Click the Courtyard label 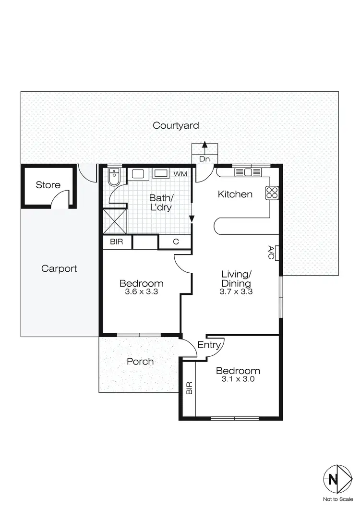(176, 126)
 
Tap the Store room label (48, 185)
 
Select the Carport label (59, 268)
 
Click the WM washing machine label (180, 173)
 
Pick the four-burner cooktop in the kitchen (272, 193)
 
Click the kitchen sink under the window (248, 172)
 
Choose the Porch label (140, 362)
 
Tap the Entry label (209, 345)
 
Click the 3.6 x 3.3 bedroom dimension (141, 291)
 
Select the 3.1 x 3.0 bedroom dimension (238, 379)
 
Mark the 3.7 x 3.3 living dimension (236, 291)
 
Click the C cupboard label (176, 242)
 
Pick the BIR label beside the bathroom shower (117, 242)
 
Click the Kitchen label (235, 194)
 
